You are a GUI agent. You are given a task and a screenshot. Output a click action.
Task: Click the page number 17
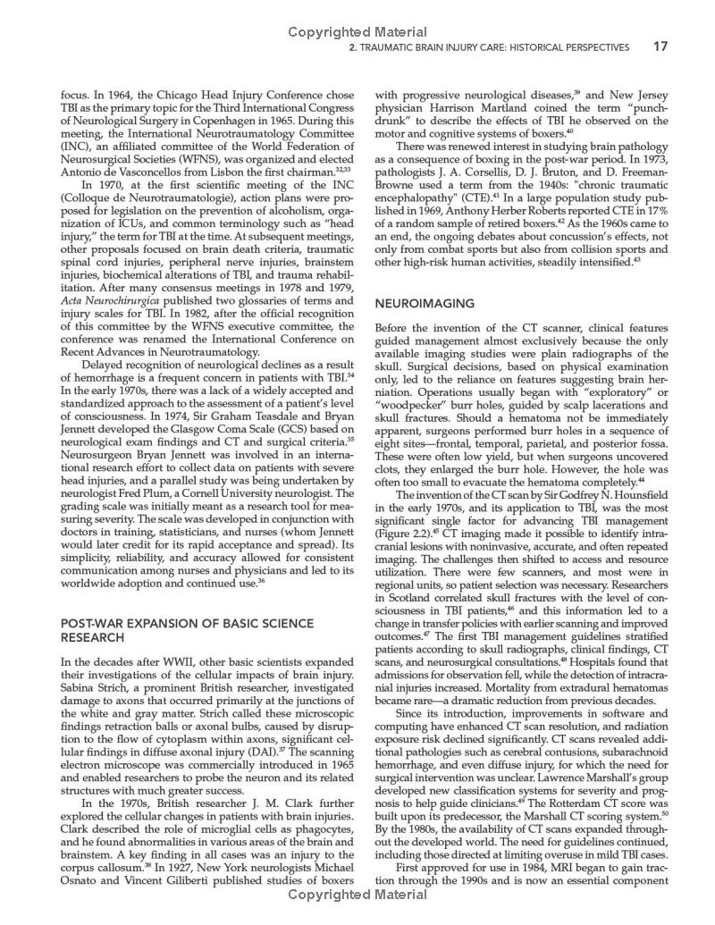(x=660, y=46)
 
